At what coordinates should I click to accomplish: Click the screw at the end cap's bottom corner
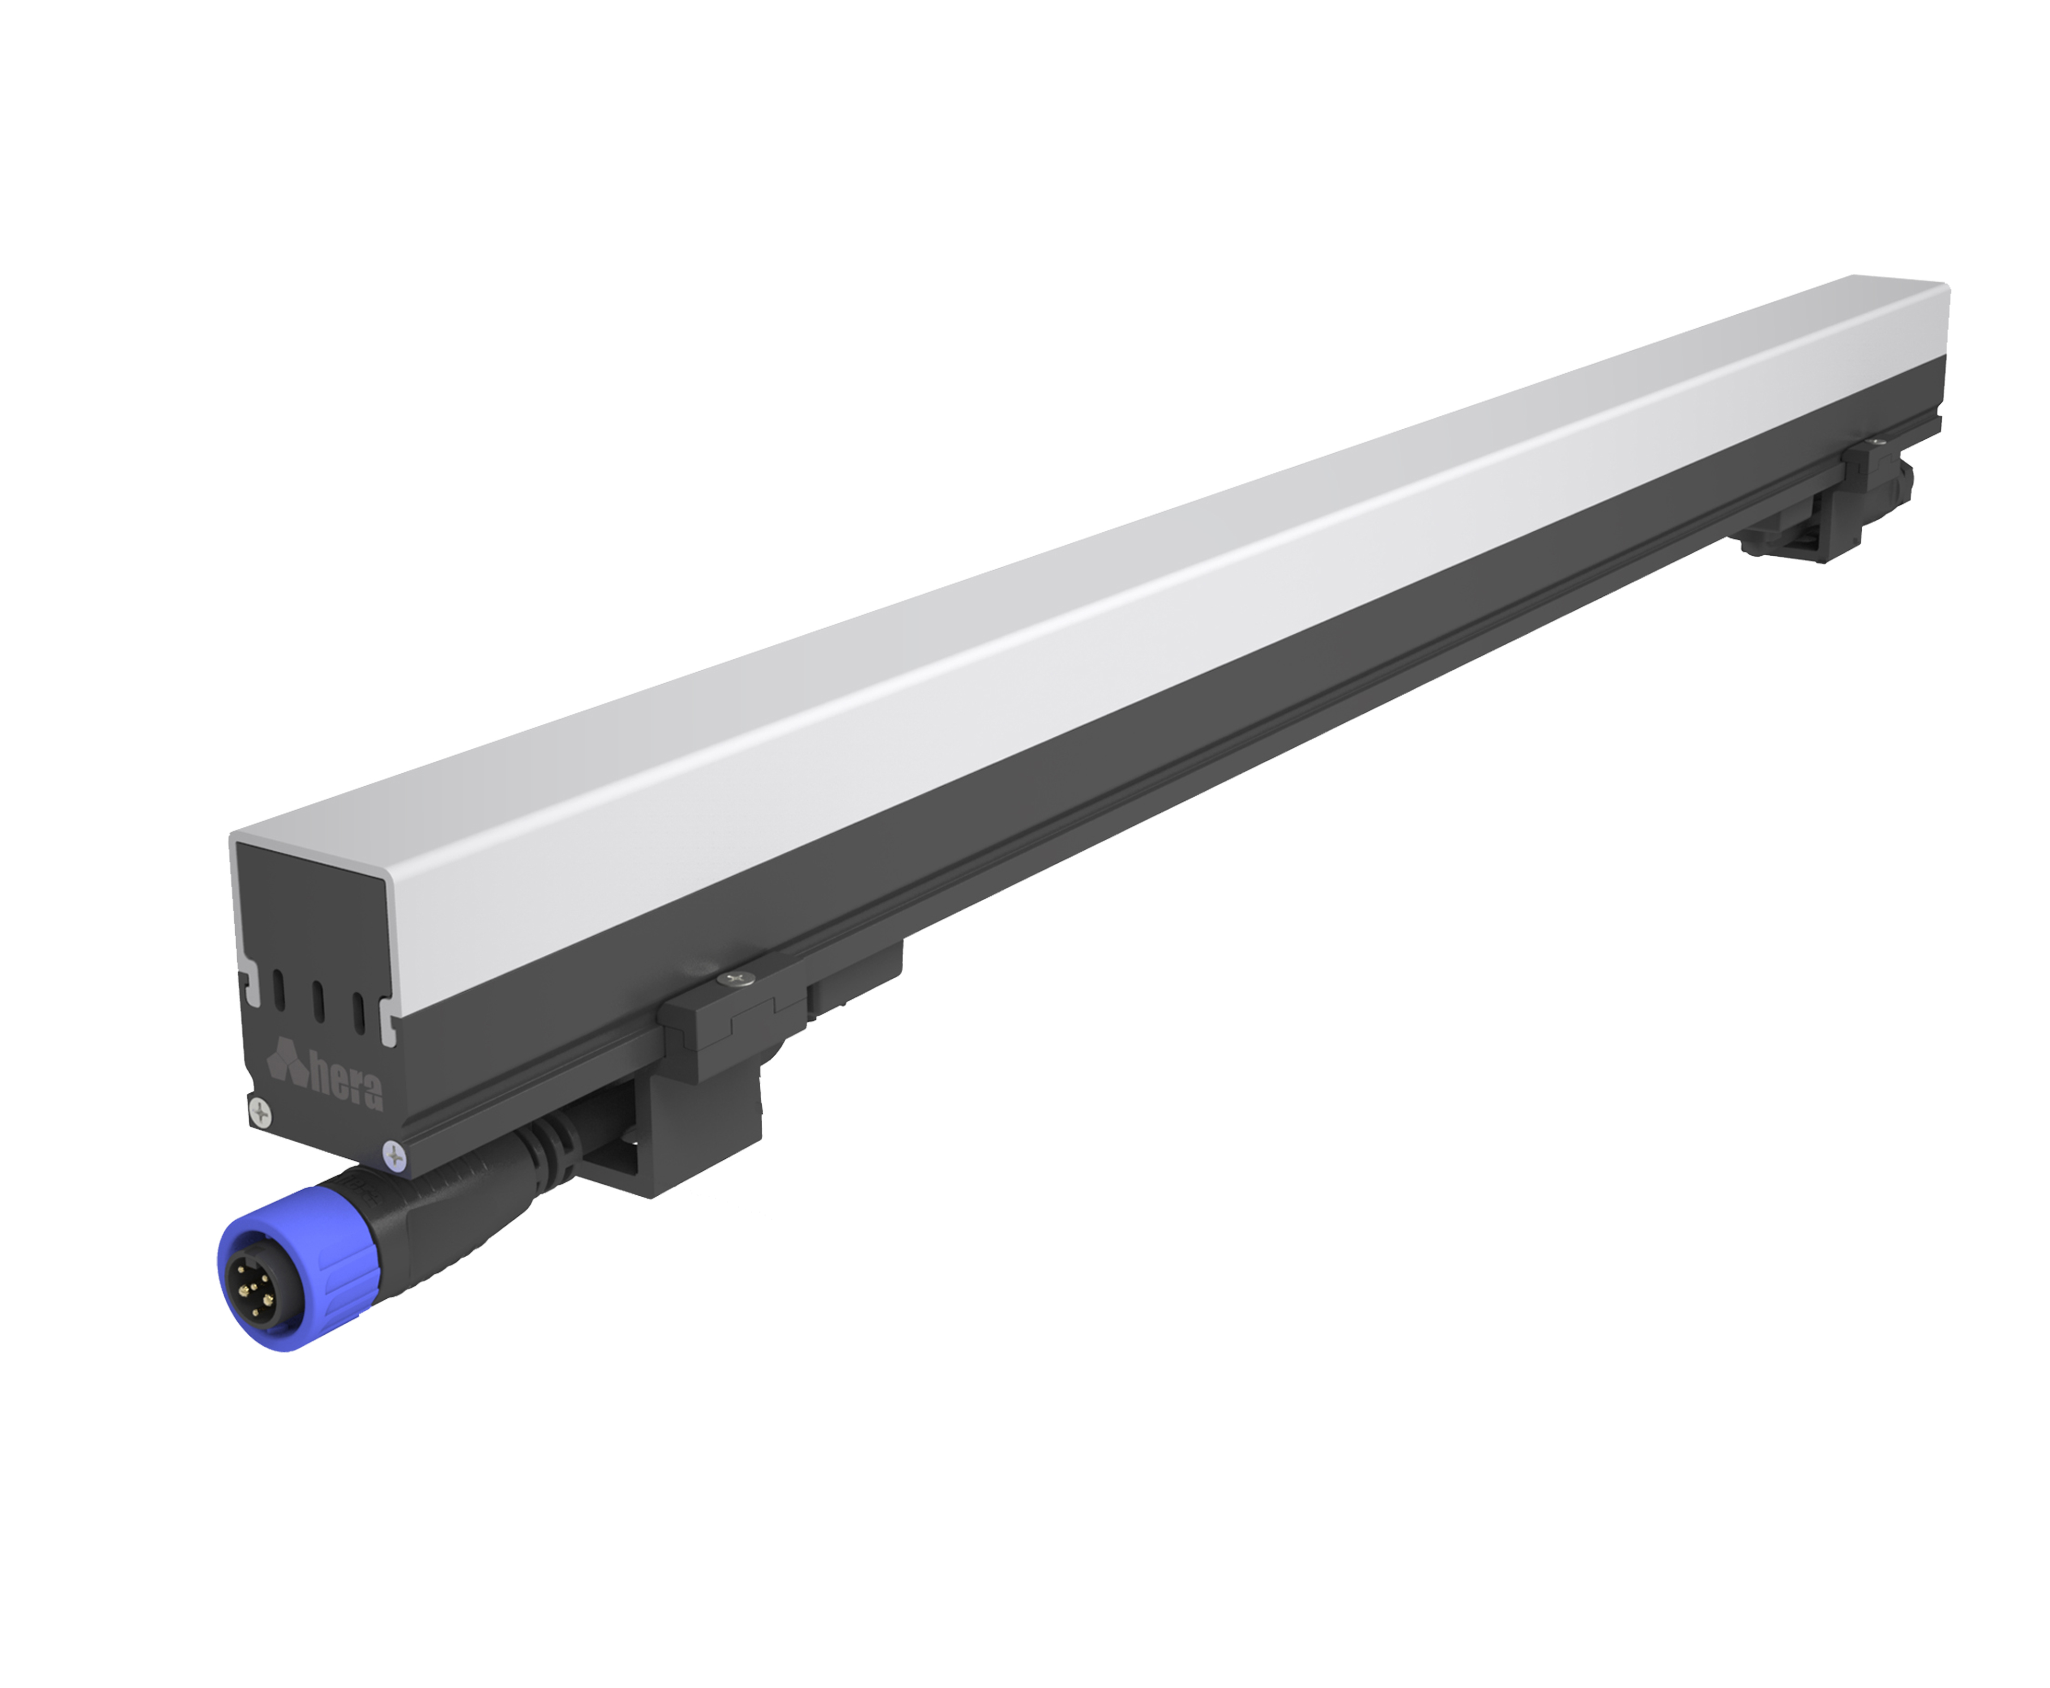point(394,1155)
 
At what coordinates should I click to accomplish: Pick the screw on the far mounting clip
point(1877,442)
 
